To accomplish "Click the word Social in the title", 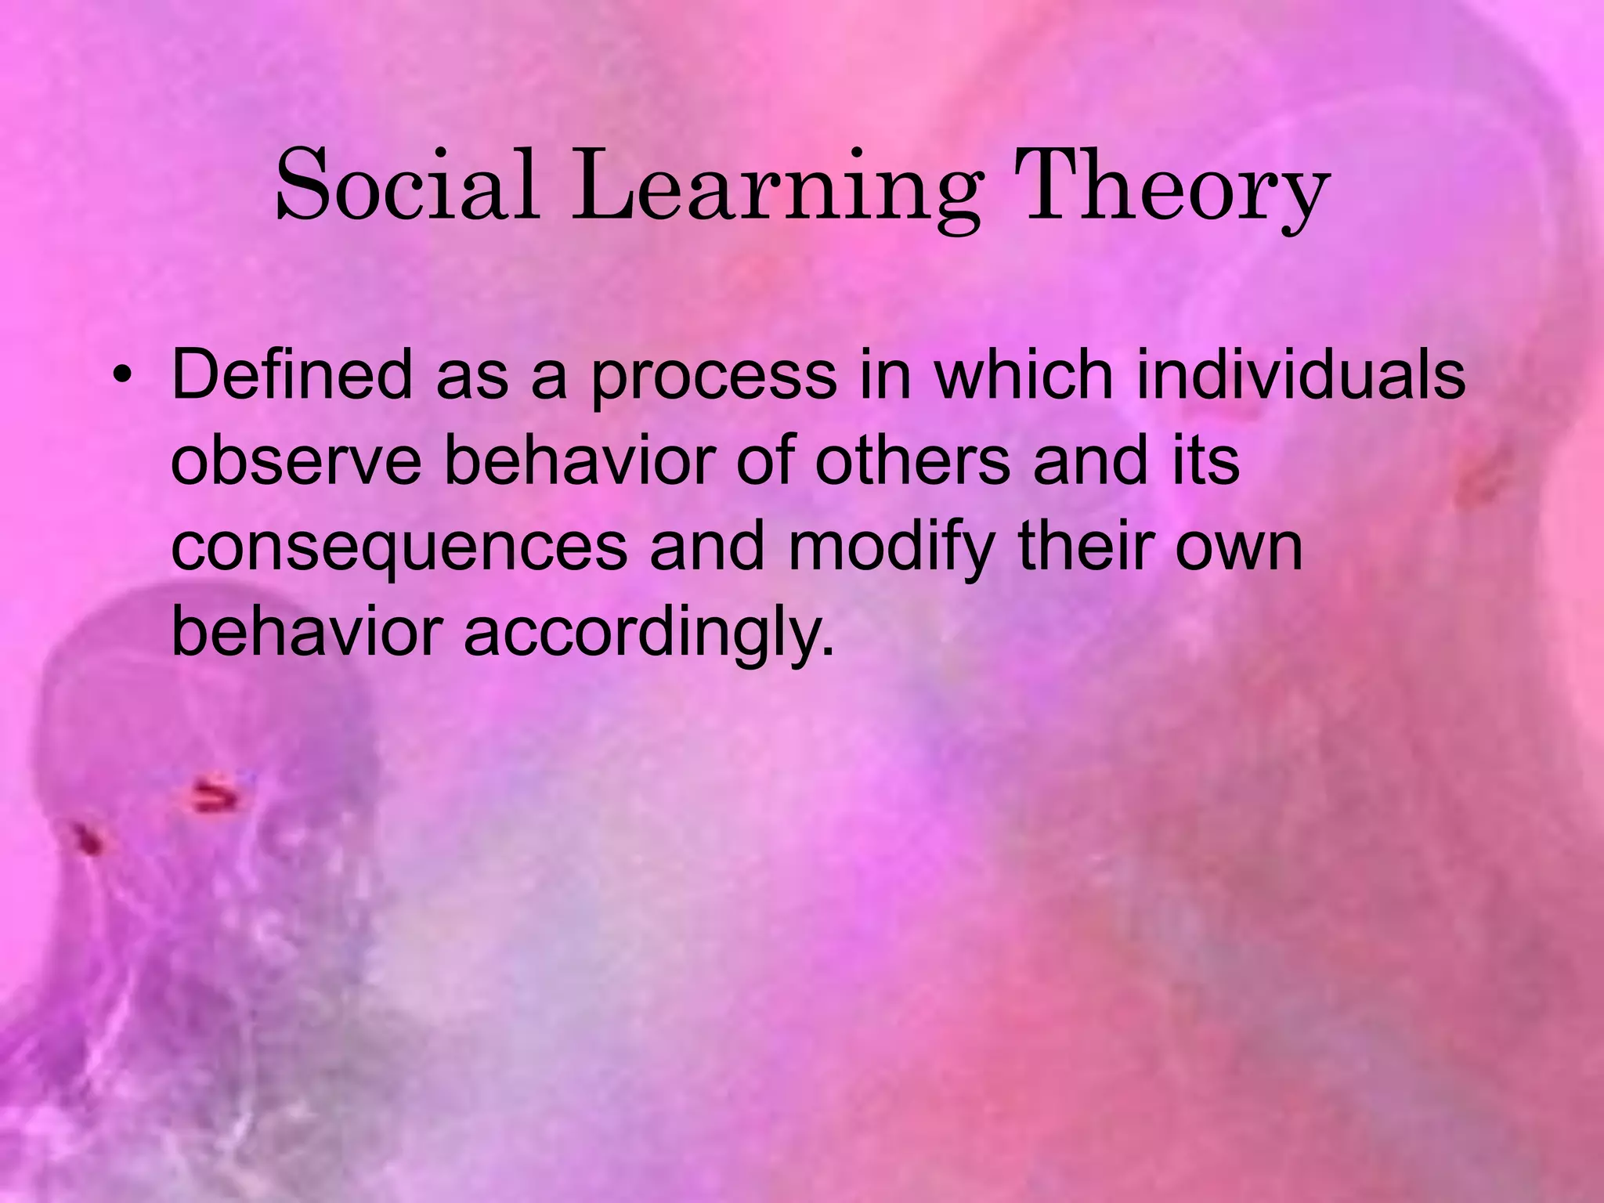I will point(408,186).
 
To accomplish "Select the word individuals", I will point(1300,374).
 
